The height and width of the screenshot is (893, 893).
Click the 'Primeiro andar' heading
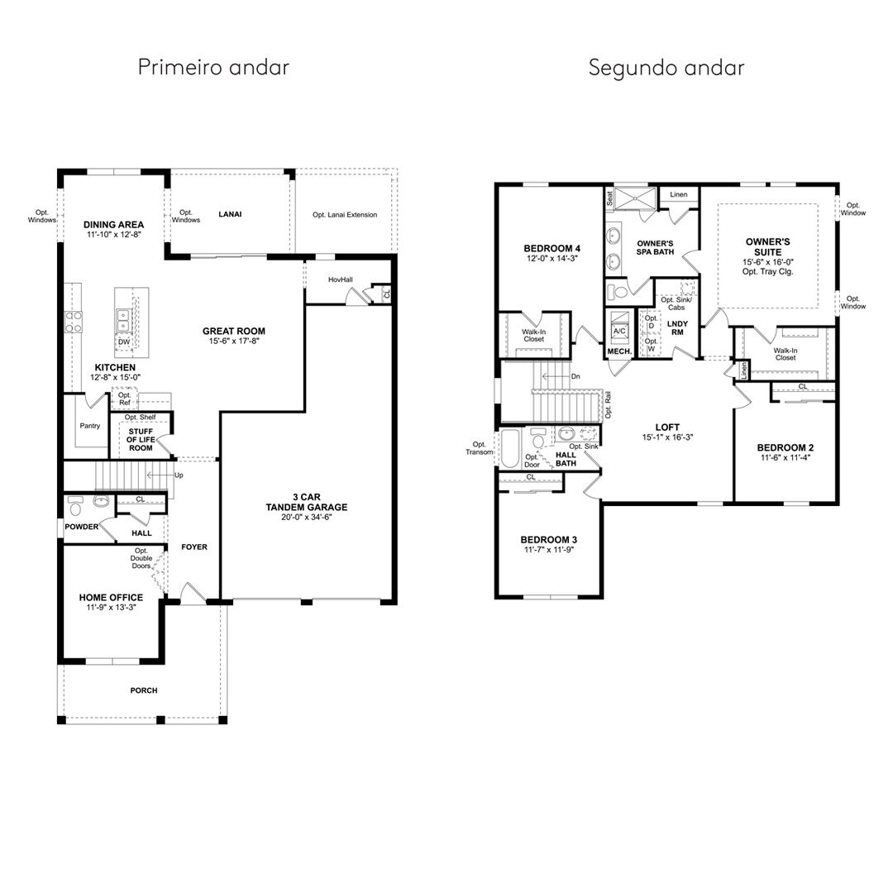point(213,67)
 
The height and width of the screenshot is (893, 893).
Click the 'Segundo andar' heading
point(666,68)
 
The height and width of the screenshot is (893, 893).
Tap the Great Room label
point(234,331)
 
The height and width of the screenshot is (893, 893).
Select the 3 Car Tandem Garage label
point(307,502)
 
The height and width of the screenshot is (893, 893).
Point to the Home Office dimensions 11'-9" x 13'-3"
point(111,608)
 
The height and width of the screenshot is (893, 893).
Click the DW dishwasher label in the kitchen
point(124,341)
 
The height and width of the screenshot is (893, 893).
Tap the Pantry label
point(90,426)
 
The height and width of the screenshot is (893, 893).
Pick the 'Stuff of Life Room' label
point(141,440)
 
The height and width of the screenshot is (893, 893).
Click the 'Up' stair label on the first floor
point(179,475)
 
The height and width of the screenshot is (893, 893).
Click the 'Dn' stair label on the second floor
point(575,376)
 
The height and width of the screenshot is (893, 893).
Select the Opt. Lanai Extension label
point(345,215)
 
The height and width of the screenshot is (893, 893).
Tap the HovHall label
point(341,279)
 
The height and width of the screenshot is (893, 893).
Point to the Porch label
point(144,690)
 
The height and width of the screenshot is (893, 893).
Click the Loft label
point(667,427)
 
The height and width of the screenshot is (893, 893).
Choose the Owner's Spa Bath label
point(656,247)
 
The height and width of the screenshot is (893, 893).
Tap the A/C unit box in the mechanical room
point(619,331)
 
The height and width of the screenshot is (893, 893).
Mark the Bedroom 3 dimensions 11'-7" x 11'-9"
point(549,550)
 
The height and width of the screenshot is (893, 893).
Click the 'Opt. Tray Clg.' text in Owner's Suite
point(767,272)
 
